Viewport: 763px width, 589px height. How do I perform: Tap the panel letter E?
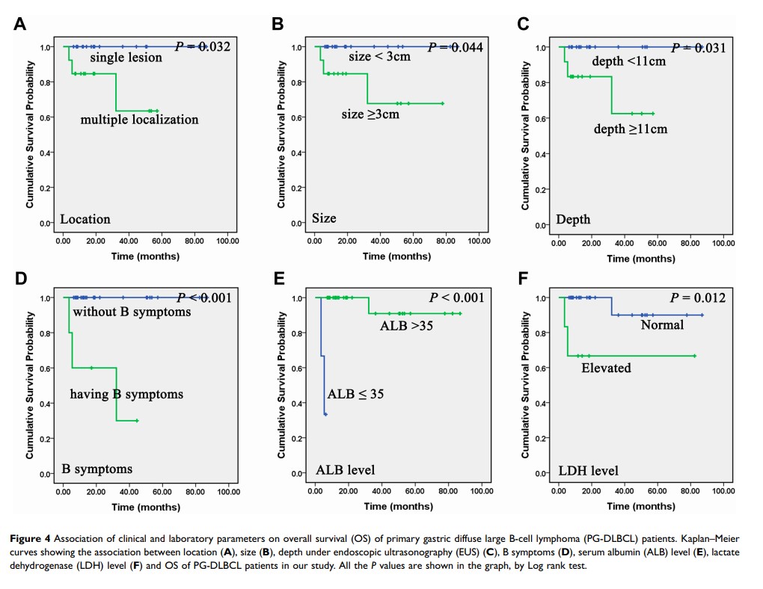278,278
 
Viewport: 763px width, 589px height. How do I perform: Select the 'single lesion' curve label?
126,58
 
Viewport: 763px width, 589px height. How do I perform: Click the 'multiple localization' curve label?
139,120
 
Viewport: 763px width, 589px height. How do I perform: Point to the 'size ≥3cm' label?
370,114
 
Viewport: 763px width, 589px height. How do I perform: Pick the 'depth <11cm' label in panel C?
628,61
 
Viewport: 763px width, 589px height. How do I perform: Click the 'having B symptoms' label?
126,394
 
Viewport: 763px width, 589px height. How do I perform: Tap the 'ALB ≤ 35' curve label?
355,394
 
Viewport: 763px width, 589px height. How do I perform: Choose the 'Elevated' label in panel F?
606,368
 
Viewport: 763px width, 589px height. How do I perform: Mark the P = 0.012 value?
699,298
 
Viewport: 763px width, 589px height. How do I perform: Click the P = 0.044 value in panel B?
456,47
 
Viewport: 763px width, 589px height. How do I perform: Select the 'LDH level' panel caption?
588,471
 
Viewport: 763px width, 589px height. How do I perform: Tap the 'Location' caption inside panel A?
85,219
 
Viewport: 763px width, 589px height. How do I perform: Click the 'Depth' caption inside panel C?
573,219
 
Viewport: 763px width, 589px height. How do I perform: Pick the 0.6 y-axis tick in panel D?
44,368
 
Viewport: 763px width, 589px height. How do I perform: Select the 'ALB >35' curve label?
407,326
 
